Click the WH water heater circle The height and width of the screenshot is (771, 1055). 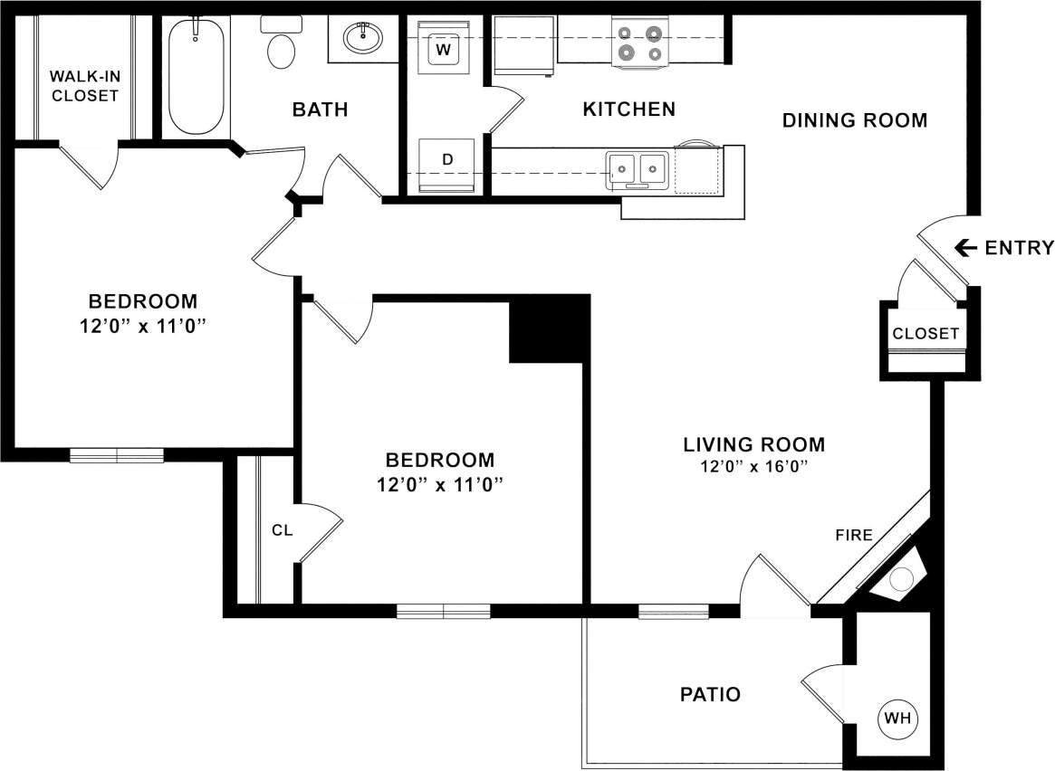(x=897, y=719)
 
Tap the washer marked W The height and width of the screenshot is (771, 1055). (x=444, y=49)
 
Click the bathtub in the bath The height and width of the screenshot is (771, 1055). (x=196, y=76)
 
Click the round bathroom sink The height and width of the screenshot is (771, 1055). (x=363, y=38)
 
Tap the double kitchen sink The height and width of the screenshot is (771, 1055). (x=638, y=168)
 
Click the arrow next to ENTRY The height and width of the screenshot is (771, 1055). (x=965, y=247)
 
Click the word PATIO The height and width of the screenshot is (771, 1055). (x=710, y=695)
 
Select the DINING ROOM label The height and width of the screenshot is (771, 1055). (x=854, y=120)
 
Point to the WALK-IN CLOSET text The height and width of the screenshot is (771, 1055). (x=84, y=85)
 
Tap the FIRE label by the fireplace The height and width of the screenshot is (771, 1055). (x=854, y=535)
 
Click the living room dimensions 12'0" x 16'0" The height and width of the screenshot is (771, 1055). (x=753, y=468)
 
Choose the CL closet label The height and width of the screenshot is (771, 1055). (x=283, y=530)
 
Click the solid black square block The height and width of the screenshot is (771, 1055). (x=547, y=328)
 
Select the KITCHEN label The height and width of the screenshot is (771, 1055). (x=628, y=109)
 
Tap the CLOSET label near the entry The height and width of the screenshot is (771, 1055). (x=926, y=333)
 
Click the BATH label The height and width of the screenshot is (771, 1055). (x=320, y=109)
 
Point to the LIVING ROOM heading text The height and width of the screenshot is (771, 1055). (x=753, y=444)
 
